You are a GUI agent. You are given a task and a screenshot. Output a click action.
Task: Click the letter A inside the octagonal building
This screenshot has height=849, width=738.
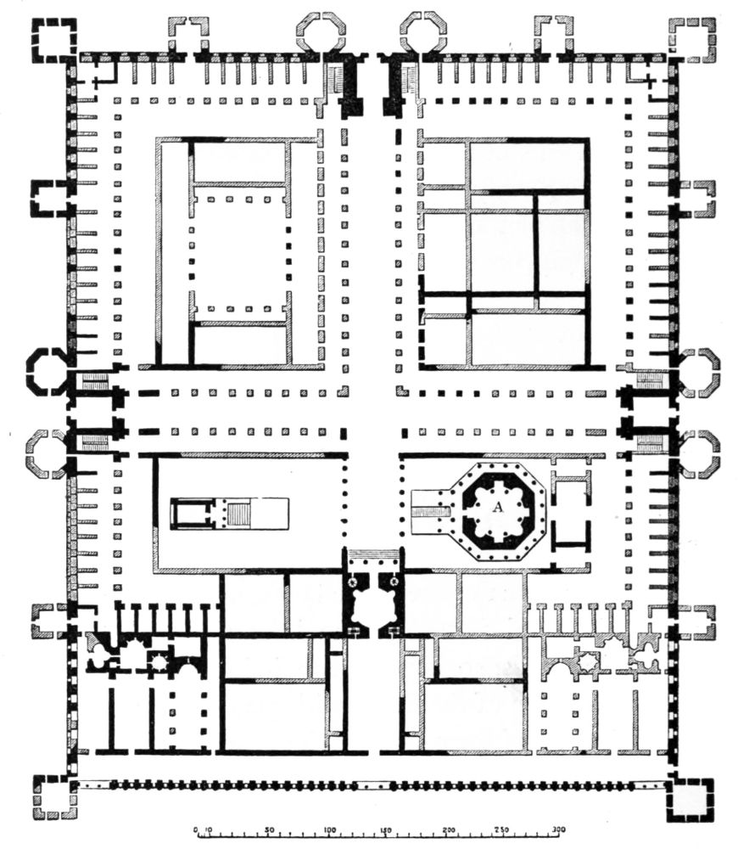click(498, 507)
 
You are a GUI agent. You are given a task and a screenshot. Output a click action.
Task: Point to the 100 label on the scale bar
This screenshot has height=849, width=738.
click(329, 829)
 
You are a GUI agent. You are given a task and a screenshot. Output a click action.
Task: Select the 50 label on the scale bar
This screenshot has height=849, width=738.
click(270, 829)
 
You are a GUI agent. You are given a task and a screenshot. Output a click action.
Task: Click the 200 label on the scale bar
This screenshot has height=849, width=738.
click(448, 829)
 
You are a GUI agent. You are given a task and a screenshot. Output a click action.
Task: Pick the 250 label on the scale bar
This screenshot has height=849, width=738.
click(503, 829)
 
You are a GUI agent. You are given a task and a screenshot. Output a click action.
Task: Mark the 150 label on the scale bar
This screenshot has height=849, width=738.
click(385, 829)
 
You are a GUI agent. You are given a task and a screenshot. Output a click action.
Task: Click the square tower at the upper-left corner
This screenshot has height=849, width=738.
click(54, 40)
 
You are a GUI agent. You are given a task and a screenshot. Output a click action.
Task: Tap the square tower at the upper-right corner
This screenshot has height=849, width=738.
click(692, 40)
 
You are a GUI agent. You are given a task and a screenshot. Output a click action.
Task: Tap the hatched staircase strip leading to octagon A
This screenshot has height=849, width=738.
click(432, 512)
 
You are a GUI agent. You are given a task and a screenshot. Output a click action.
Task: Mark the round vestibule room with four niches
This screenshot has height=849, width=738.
click(373, 605)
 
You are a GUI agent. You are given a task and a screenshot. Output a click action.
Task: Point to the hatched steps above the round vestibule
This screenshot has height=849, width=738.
click(373, 555)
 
